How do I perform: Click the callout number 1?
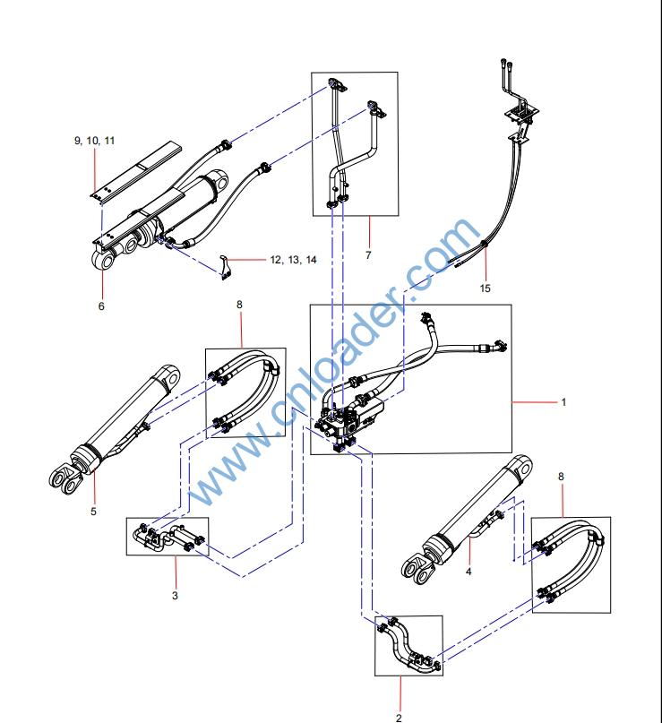click(563, 402)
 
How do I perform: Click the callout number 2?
click(399, 717)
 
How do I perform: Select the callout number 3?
click(175, 593)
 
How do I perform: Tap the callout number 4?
click(469, 569)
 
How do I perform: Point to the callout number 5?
click(93, 512)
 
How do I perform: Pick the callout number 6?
click(101, 306)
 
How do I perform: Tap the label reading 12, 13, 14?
click(294, 260)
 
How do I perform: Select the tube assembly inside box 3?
click(168, 538)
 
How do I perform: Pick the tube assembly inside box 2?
click(408, 646)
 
